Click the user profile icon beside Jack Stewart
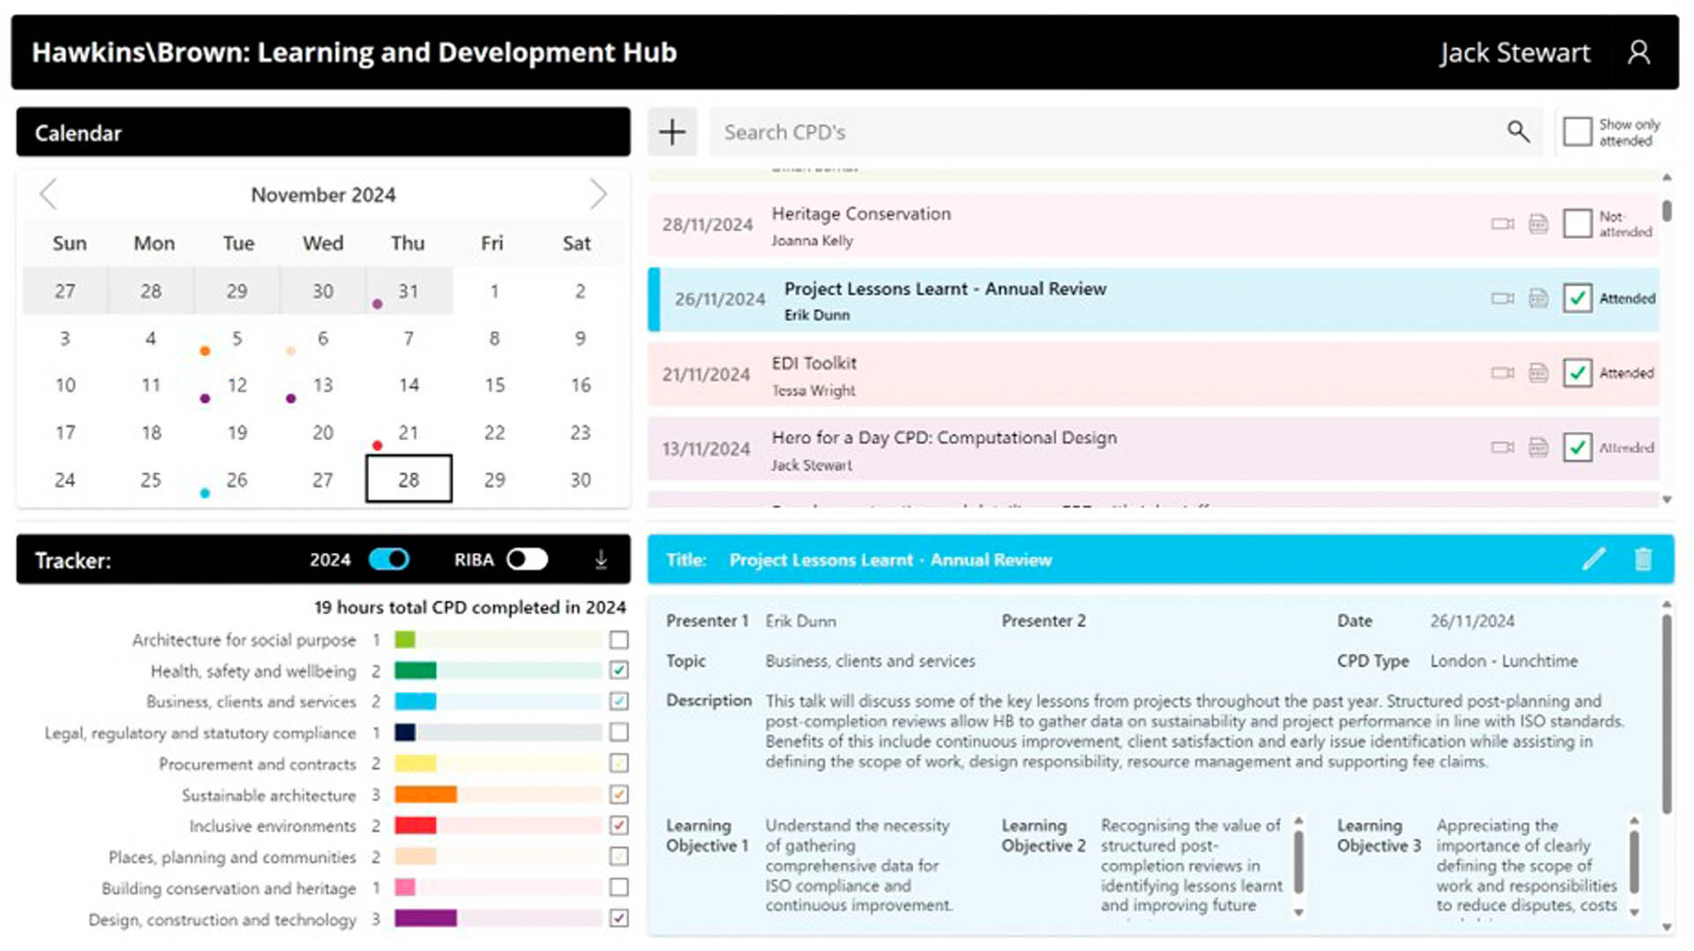tap(1638, 53)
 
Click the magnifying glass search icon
tap(1518, 132)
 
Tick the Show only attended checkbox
tap(1577, 132)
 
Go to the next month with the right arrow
tap(598, 194)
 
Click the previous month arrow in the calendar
tap(49, 194)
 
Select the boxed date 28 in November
tap(409, 479)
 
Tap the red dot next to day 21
tap(378, 446)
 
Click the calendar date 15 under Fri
tap(494, 386)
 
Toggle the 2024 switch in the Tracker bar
tap(389, 559)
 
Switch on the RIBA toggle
tap(527, 559)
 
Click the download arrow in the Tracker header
tap(601, 559)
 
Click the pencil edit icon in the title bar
tap(1593, 559)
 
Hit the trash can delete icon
tap(1643, 559)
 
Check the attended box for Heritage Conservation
tap(1577, 223)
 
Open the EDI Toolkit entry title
tap(813, 363)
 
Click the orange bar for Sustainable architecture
tap(425, 795)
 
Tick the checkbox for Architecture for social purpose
tap(619, 640)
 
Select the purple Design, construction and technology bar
tap(425, 918)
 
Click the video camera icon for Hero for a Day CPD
tap(1502, 447)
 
